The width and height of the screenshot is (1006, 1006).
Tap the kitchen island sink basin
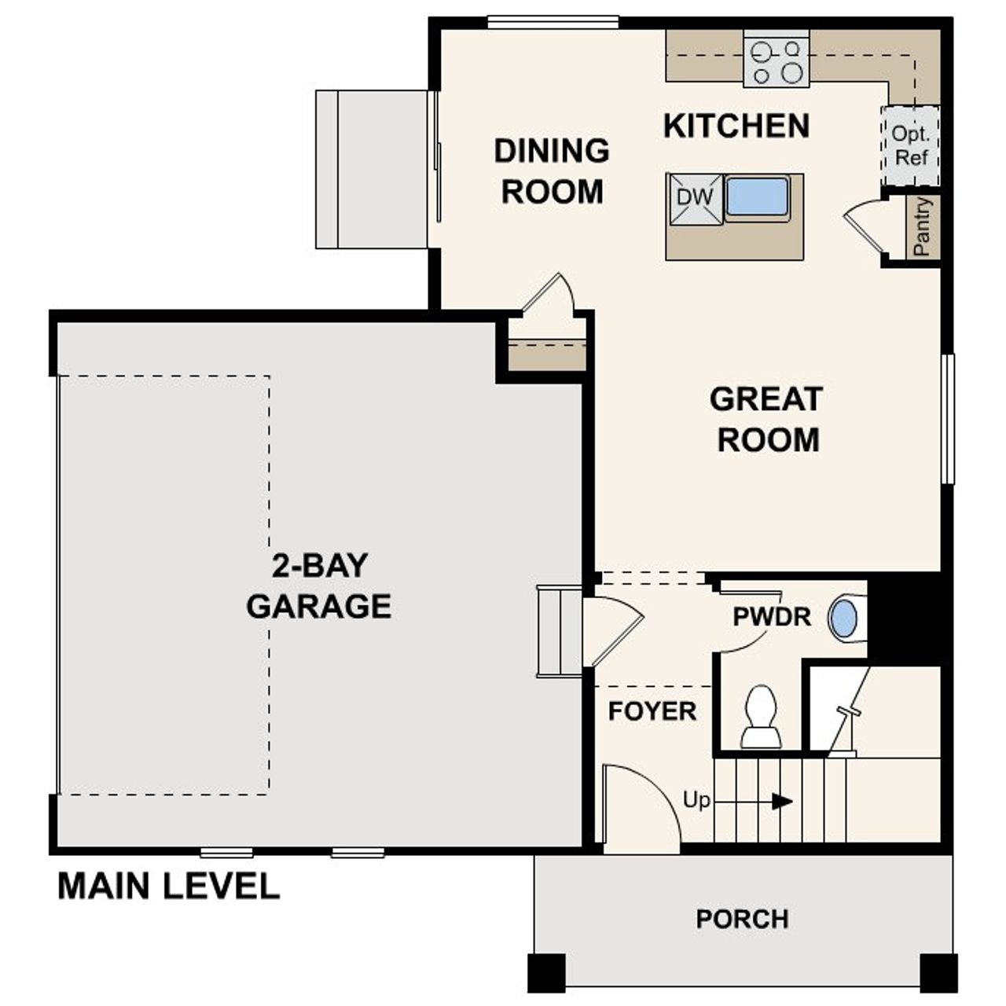(757, 197)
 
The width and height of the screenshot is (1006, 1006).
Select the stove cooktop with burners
(777, 61)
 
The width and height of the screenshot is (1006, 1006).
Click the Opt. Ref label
(911, 145)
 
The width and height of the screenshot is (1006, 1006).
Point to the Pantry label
(923, 227)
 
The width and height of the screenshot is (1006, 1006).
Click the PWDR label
(771, 617)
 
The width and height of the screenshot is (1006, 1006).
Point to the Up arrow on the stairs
(780, 802)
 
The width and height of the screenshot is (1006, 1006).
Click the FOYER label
(652, 711)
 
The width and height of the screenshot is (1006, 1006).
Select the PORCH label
(742, 919)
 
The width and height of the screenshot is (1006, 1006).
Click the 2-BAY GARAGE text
(318, 586)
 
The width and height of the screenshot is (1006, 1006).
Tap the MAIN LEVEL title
(168, 887)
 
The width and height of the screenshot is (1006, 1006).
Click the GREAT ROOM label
(766, 420)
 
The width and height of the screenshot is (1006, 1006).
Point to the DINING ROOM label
(552, 171)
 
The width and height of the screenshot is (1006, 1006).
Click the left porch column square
(545, 972)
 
